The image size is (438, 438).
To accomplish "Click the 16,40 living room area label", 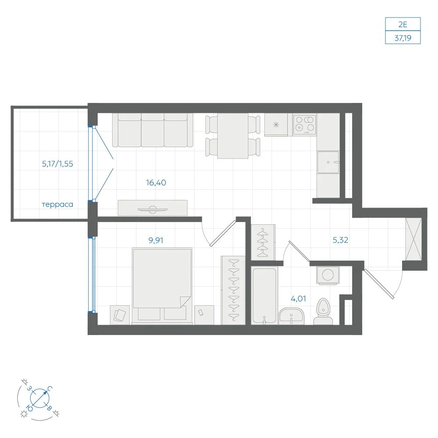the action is coord(156,183).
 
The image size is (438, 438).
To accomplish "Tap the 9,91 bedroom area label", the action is coord(156,240).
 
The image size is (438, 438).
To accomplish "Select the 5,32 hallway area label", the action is coord(340,240).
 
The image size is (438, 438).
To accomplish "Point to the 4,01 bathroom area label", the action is coord(298,299).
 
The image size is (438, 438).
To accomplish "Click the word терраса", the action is coord(57,205).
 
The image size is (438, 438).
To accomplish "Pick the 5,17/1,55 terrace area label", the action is coord(57,164).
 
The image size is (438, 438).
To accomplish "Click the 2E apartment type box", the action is coord(403,24).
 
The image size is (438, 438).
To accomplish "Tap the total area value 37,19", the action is coord(403,38).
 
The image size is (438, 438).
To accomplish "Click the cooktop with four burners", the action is coord(305,124).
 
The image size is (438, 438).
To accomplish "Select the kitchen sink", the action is coord(328,162).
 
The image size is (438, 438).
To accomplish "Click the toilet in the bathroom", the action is coord(323,311).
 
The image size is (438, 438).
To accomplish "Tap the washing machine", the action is coord(328,275).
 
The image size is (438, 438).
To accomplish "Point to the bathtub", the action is coord(264,296).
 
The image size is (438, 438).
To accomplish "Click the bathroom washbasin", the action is coord(291,316).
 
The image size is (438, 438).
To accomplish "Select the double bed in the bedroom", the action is coord(162,286).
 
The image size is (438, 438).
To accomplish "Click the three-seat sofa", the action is coord(152,130).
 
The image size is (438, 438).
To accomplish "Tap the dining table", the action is coord(233,136).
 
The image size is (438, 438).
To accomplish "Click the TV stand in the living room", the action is coord(152,208).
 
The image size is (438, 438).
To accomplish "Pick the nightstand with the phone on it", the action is coord(204,315).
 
